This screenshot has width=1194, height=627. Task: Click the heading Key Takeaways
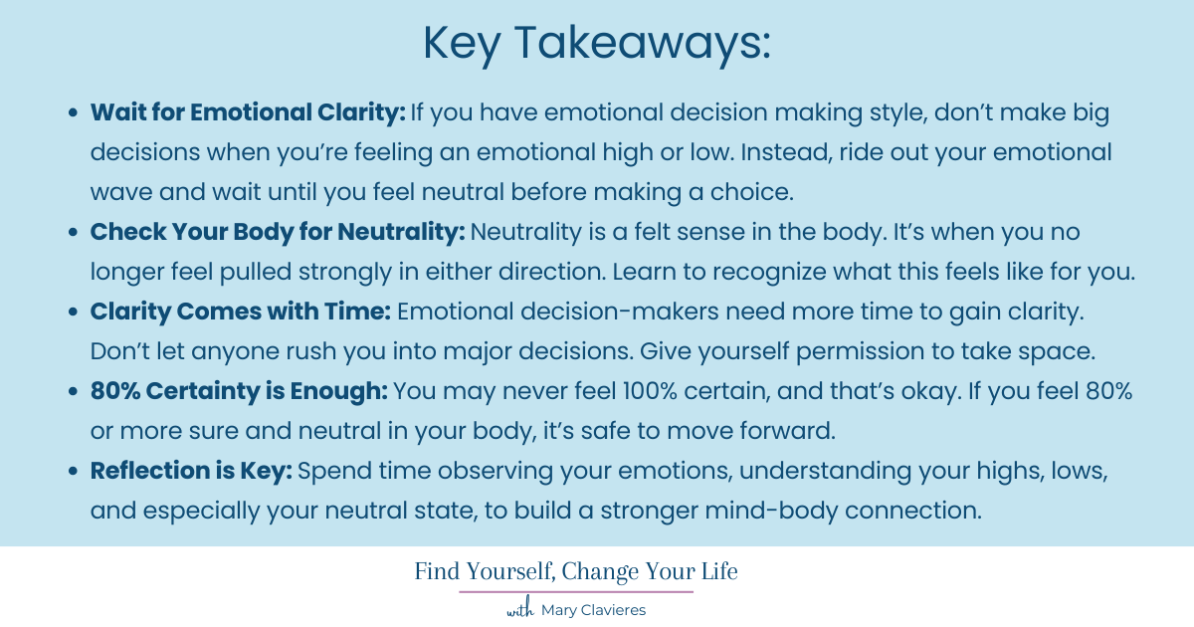[x=597, y=43]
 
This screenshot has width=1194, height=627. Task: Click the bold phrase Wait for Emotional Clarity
[x=247, y=112]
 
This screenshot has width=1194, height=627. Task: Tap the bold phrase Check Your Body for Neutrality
[x=278, y=232]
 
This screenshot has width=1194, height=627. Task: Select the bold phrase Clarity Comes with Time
[x=241, y=312]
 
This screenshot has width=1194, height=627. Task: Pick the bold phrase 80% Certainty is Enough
[x=239, y=391]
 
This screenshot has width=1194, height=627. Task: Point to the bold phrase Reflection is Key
[x=191, y=471]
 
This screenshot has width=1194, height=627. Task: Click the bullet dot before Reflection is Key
[x=74, y=472]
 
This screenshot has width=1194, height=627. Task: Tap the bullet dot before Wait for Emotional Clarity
[x=74, y=113]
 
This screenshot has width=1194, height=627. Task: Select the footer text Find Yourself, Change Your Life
[x=576, y=571]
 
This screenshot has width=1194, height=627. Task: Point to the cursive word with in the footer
[x=520, y=610]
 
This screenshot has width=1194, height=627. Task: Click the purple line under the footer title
[x=576, y=592]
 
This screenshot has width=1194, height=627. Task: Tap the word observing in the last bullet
[x=459, y=471]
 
